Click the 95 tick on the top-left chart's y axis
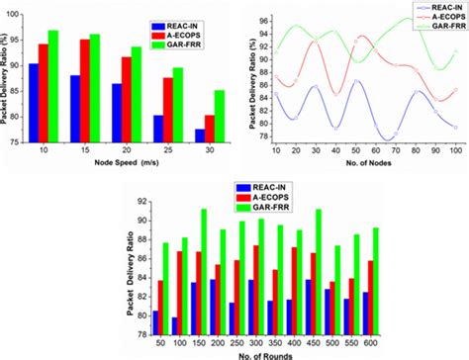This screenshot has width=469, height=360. pyautogui.click(x=23, y=39)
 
